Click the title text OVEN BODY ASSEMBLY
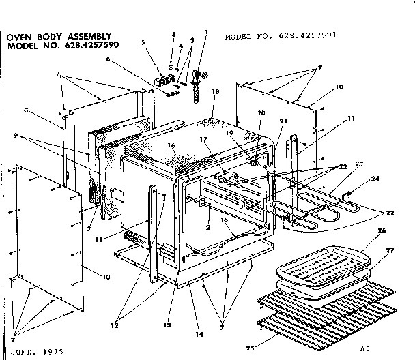pos(60,36)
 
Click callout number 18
pos(215,91)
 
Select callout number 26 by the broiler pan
pos(382,230)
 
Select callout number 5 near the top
pos(143,42)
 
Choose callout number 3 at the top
pos(173,34)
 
